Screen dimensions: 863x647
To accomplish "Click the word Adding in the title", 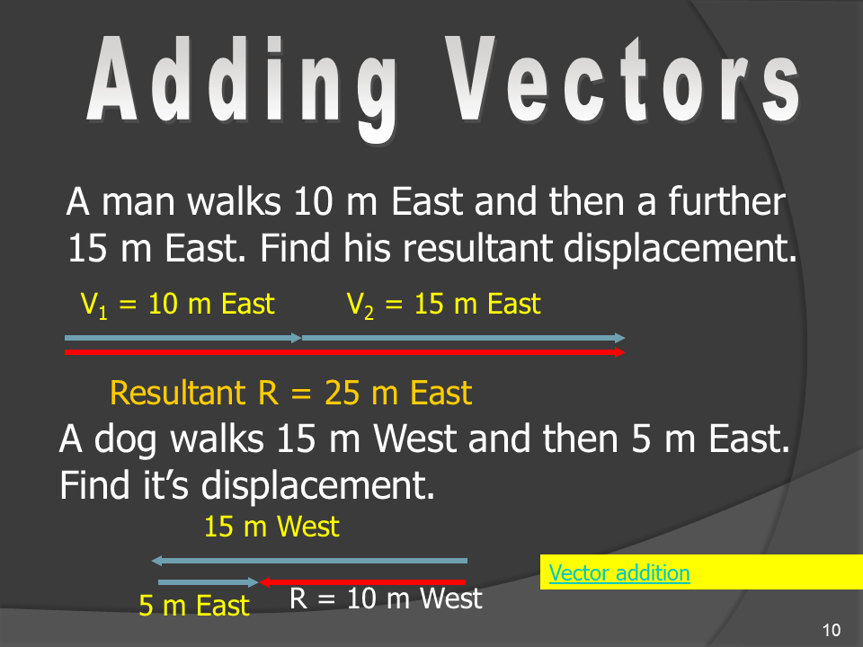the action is pos(242,88).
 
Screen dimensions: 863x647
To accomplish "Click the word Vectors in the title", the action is pos(622,79).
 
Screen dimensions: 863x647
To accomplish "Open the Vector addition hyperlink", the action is pos(619,572).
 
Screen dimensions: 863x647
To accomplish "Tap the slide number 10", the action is pos(831,629).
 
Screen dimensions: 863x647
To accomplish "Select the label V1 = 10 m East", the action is pos(177,305).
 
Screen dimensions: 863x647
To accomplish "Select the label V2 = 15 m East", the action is pos(443,305).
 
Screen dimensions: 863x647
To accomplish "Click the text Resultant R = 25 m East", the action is pos(290,393).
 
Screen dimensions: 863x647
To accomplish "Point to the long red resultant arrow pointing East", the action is pos(344,352).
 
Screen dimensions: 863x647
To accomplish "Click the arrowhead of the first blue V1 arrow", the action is pos(297,338).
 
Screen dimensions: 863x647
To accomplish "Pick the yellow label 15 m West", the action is pos(271,527).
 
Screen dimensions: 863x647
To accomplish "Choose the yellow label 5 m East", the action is pos(194,606).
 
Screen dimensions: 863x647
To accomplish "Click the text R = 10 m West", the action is pos(386,598).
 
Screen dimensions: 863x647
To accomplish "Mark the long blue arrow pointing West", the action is pos(309,561).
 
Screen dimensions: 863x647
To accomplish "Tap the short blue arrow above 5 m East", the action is pos(208,582).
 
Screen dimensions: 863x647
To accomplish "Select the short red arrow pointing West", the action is pos(362,582).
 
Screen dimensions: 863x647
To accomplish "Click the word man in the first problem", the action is pos(138,202).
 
